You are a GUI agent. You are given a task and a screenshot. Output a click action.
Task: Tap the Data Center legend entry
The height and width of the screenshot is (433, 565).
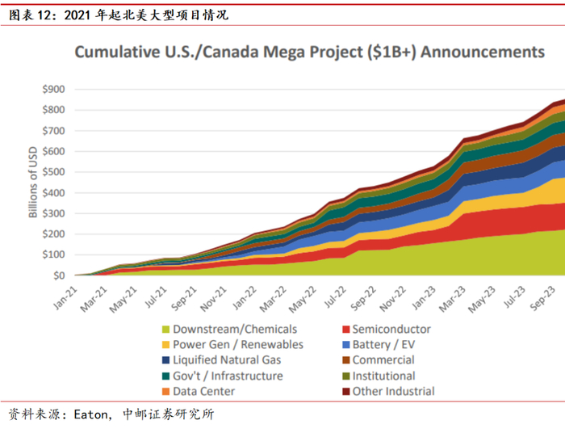point(203,392)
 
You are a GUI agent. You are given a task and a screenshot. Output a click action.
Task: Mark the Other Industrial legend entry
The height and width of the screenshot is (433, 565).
point(393,392)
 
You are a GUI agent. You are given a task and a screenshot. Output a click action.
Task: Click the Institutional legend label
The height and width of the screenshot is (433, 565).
point(383,376)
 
